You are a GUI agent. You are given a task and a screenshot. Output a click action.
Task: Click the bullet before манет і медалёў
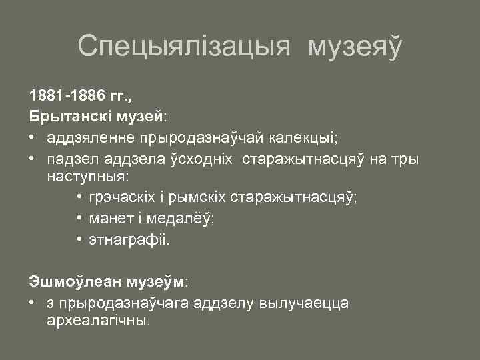[x=79, y=219]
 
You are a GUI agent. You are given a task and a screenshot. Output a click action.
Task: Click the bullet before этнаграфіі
[x=79, y=239]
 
